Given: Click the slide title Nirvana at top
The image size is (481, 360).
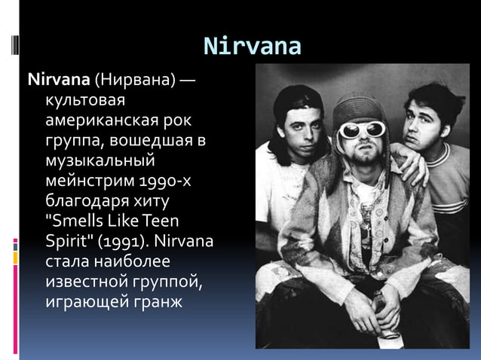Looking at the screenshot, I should [x=253, y=47].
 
